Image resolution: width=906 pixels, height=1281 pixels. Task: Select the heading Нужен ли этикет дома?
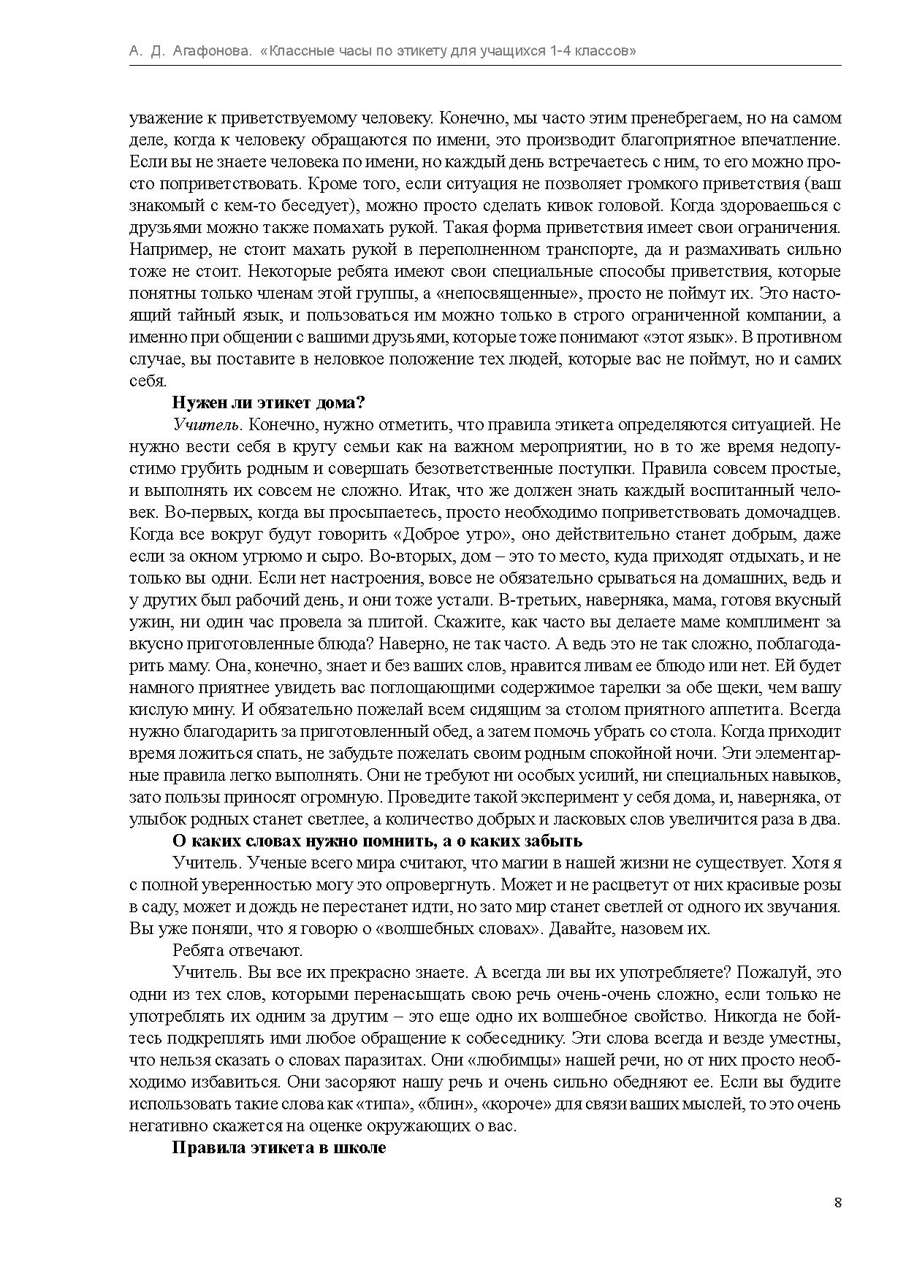tap(268, 402)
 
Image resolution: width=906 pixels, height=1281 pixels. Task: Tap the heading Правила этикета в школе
tap(278, 1147)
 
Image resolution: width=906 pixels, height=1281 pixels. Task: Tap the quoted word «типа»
tap(384, 1104)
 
